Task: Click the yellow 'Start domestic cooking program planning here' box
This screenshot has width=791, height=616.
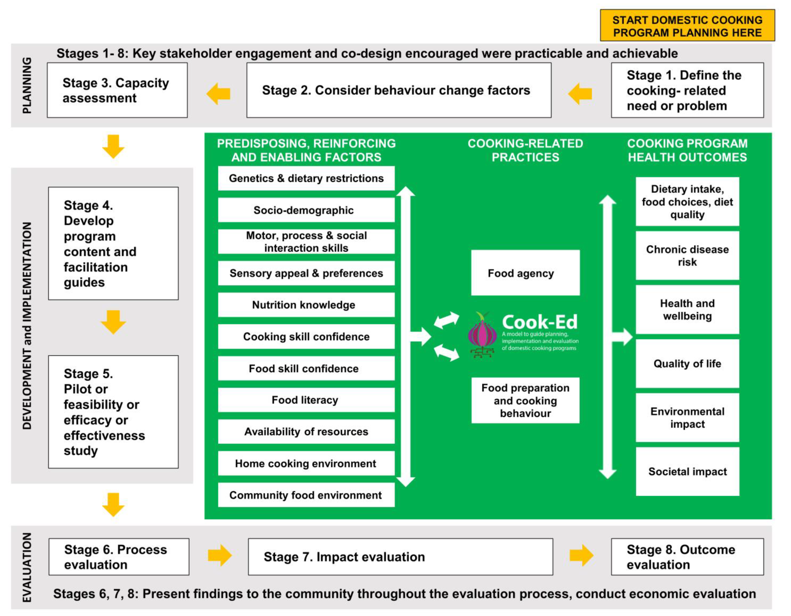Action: pyautogui.click(x=687, y=25)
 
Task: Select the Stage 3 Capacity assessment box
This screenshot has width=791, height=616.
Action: pyautogui.click(x=117, y=90)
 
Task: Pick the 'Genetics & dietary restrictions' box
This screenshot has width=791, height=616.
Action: pyautogui.click(x=306, y=178)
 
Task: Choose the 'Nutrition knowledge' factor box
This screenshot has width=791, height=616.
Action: pyautogui.click(x=306, y=305)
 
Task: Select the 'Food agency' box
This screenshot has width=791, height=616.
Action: pyautogui.click(x=525, y=273)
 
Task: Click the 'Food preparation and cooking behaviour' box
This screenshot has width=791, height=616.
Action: pyautogui.click(x=525, y=400)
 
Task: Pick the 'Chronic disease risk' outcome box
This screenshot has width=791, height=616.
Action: pyautogui.click(x=687, y=255)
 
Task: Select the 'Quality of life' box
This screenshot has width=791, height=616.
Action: pyautogui.click(x=687, y=363)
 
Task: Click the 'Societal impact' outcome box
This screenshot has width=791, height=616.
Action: pyautogui.click(x=687, y=471)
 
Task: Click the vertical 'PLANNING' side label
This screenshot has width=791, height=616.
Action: pyautogui.click(x=27, y=86)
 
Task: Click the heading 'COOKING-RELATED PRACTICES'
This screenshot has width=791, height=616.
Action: pyautogui.click(x=525, y=150)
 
